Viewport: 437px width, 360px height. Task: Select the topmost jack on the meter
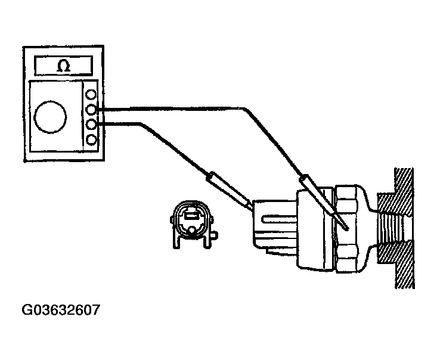tap(91, 95)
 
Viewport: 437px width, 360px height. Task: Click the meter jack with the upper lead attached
tap(91, 110)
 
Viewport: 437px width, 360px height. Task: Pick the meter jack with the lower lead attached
tap(91, 125)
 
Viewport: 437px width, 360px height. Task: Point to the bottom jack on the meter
tap(91, 139)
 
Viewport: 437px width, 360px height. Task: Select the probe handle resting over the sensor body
tap(314, 190)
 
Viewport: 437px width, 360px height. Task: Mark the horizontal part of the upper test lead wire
tap(173, 109)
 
